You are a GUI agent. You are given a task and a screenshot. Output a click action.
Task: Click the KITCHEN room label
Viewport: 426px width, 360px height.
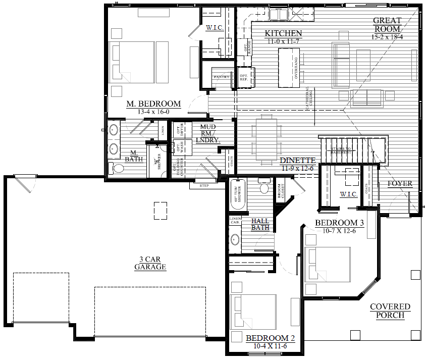point(283,34)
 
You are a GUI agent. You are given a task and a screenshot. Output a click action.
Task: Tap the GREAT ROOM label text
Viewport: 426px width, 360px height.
point(387,25)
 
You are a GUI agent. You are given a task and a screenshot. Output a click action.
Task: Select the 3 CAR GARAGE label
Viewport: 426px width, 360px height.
point(150,263)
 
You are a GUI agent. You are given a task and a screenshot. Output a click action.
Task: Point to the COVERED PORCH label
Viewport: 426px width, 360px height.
point(390,311)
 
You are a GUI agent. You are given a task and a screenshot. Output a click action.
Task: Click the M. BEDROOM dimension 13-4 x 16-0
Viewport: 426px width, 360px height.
point(146,112)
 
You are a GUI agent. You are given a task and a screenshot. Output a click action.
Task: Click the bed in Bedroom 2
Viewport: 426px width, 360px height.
point(253,311)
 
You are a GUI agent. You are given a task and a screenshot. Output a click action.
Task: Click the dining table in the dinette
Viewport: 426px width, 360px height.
point(265,135)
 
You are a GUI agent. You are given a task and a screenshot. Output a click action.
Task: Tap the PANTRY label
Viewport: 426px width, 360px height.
point(222,77)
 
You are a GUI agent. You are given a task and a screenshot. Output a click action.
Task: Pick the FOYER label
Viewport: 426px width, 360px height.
point(399,184)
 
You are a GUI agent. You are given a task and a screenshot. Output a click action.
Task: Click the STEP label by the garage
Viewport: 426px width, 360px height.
point(204,185)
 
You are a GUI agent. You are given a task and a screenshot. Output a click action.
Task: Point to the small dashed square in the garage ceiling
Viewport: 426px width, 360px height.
point(161,210)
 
